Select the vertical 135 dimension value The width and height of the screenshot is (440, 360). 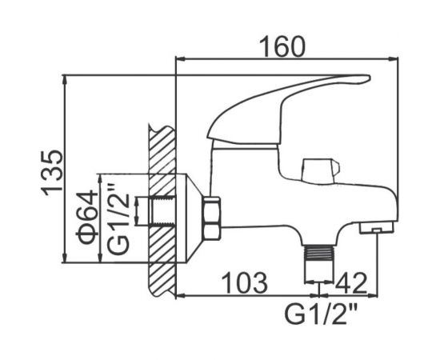(50, 170)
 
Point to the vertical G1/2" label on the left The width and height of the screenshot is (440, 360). (117, 218)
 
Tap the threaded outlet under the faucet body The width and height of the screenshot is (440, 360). (319, 256)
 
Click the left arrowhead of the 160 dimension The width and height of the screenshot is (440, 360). (179, 59)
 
